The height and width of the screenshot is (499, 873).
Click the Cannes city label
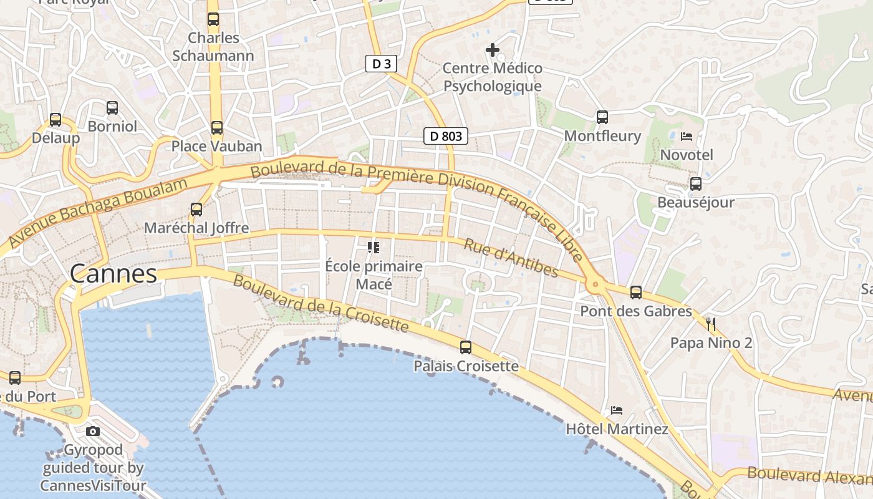tap(113, 274)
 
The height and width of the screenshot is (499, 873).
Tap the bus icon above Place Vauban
tap(216, 128)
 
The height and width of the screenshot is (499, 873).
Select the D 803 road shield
tap(445, 136)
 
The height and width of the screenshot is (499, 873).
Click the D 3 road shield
tap(381, 64)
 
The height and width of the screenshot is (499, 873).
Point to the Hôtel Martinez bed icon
tap(617, 410)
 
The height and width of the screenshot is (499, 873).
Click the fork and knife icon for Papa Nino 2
tap(711, 324)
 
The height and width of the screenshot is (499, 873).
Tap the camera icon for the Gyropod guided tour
tap(93, 431)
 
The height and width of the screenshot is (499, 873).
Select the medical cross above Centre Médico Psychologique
tap(493, 49)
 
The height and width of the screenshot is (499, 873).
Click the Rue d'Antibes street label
tap(511, 257)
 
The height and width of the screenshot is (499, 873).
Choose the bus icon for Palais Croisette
tap(466, 347)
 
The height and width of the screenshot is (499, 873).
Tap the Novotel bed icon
tap(687, 136)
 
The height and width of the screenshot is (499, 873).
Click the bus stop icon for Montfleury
tap(602, 117)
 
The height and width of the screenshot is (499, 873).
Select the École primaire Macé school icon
tap(374, 248)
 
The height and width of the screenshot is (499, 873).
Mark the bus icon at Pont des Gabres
tap(636, 292)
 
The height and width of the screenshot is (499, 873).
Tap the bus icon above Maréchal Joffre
tap(196, 210)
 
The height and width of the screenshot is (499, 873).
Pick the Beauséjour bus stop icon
tap(695, 184)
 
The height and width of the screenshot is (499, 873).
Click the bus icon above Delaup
tap(55, 120)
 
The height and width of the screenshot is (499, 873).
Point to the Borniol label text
tap(112, 127)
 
